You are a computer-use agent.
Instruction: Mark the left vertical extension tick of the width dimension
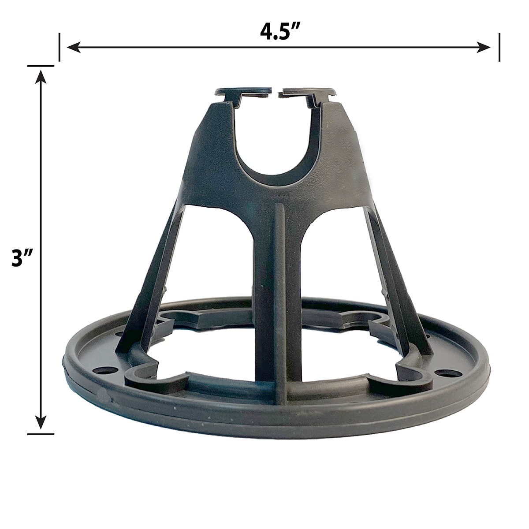[60, 47]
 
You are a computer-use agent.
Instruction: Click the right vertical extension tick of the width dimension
[499, 47]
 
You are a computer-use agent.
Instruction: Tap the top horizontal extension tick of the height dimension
[41, 66]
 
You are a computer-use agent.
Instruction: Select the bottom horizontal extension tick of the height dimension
[41, 434]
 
